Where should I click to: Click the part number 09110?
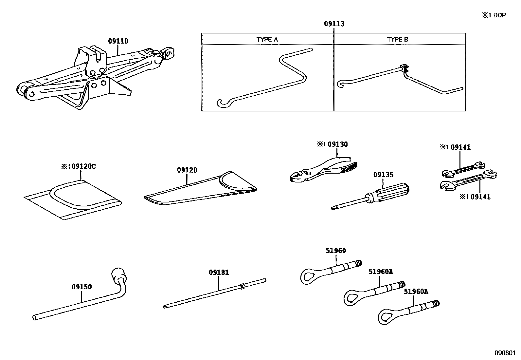(118, 41)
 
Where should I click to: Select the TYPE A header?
(267, 40)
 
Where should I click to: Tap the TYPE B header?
(398, 40)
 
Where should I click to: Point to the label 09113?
(334, 24)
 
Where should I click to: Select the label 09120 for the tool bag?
(187, 170)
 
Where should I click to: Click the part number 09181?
(219, 273)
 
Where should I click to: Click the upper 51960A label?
(381, 272)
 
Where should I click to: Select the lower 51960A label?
(416, 291)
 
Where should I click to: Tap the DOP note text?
(494, 15)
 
